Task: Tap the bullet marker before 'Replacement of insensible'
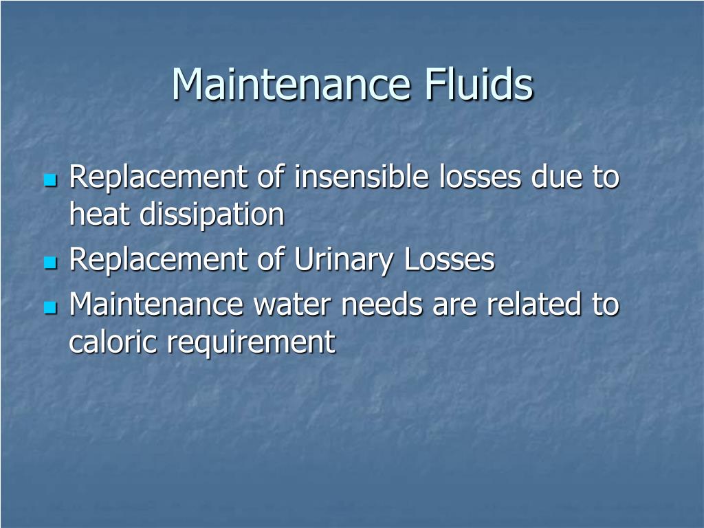click(x=49, y=181)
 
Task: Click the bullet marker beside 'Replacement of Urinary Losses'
click(x=49, y=263)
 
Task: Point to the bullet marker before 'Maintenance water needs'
click(x=49, y=307)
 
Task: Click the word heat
click(x=100, y=214)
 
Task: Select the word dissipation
click(x=212, y=216)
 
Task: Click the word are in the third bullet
click(x=454, y=305)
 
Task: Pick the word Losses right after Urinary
click(x=449, y=260)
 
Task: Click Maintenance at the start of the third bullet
click(x=155, y=305)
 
